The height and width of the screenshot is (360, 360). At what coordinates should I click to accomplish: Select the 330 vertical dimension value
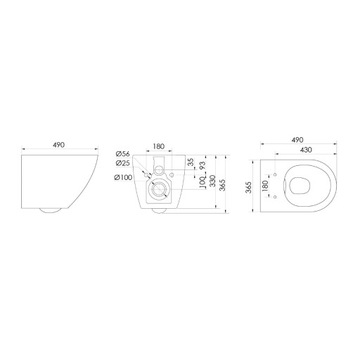point(220,180)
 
